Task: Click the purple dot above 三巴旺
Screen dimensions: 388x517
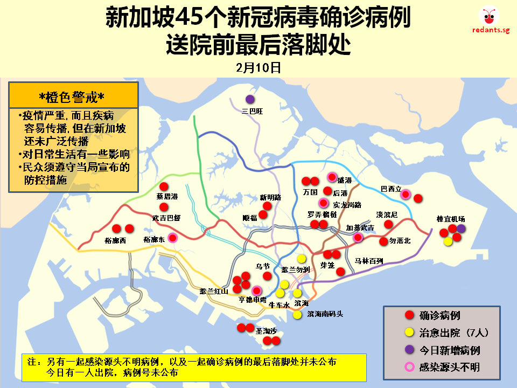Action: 250,99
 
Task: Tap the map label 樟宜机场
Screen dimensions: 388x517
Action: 451,219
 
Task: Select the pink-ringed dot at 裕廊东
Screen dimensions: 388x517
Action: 172,238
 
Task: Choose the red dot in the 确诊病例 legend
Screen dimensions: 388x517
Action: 409,315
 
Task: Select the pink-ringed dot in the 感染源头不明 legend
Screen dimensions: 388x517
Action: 409,368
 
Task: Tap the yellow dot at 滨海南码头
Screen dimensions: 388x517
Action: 297,315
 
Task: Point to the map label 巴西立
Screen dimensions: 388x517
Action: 391,189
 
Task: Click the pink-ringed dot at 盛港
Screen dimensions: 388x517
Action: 332,177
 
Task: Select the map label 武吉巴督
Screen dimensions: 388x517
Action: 166,218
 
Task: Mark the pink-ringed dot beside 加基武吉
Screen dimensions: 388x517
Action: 358,237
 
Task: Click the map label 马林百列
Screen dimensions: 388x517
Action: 368,261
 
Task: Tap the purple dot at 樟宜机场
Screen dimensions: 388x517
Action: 462,229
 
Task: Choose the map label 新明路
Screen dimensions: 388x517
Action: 270,197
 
